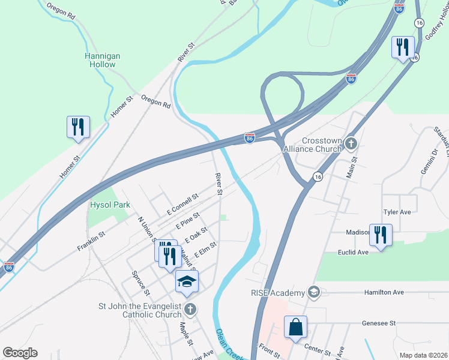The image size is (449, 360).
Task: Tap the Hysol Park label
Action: (x=110, y=205)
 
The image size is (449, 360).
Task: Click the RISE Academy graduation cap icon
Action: (x=313, y=292)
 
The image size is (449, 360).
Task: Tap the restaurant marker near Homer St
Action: (x=78, y=127)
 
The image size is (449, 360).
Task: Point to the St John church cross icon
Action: (x=190, y=310)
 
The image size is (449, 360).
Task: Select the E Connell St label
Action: (x=182, y=205)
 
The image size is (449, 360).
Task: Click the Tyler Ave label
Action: (x=397, y=212)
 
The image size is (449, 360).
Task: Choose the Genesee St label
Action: (x=379, y=323)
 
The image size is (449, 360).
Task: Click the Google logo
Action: (x=20, y=353)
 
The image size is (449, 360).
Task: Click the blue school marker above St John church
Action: (x=187, y=281)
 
